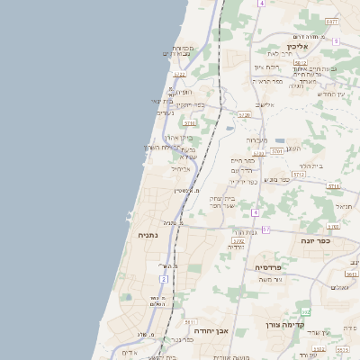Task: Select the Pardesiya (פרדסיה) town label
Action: (269, 267)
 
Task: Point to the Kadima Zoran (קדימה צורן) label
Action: (287, 325)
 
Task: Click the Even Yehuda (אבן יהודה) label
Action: (214, 330)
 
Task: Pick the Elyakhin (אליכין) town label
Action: (298, 46)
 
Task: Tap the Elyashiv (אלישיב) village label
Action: (264, 104)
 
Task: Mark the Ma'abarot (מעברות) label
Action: (256, 139)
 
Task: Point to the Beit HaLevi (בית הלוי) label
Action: (310, 166)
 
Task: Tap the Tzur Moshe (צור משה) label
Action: (269, 278)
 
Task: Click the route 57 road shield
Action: (265, 230)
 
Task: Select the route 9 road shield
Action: (336, 41)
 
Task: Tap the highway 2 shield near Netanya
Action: (164, 280)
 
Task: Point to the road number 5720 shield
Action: (244, 115)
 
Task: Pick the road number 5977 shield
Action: (332, 22)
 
